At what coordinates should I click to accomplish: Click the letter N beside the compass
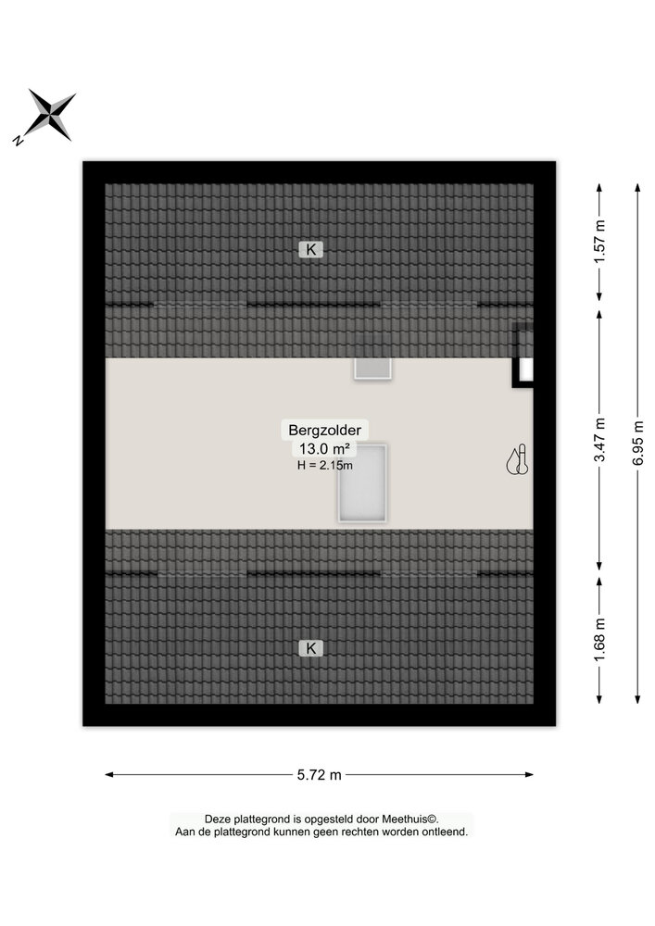(19, 141)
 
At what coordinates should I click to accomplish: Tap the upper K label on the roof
(310, 249)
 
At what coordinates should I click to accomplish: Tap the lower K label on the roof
(310, 648)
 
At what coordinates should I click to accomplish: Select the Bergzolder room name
(324, 430)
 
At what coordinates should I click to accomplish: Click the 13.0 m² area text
(324, 449)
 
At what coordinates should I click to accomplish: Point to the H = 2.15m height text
(325, 466)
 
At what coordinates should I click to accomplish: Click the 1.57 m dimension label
(599, 241)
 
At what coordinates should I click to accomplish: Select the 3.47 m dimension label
(599, 439)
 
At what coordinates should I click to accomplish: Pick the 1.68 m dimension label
(599, 640)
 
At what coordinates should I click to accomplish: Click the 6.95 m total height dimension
(638, 443)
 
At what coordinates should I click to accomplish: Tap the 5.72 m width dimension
(319, 775)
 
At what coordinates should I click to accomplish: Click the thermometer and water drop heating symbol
(517, 459)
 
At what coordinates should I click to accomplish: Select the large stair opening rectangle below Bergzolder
(362, 483)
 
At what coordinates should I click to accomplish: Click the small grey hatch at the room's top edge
(372, 368)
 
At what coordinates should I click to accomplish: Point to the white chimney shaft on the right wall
(525, 370)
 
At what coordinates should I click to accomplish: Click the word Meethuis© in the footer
(409, 820)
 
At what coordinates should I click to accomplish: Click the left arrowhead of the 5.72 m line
(108, 775)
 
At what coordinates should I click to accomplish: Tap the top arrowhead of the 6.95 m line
(638, 187)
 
